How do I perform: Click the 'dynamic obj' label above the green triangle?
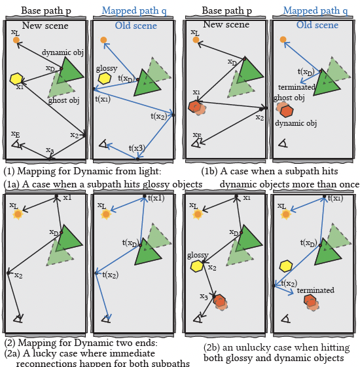pyautogui.click(x=63, y=52)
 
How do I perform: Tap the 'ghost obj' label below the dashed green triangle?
pyautogui.click(x=64, y=100)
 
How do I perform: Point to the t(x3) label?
pyautogui.click(x=137, y=148)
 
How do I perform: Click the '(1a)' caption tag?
pyautogui.click(x=12, y=184)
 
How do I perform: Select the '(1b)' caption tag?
pyautogui.click(x=209, y=171)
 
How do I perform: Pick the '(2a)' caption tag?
pyautogui.click(x=12, y=353)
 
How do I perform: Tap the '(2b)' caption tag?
pyautogui.click(x=212, y=347)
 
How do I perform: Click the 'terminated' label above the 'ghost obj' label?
pyautogui.click(x=297, y=87)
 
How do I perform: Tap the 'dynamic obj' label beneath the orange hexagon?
pyautogui.click(x=296, y=123)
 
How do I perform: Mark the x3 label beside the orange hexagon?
pyautogui.click(x=204, y=296)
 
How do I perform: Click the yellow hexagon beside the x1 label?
pyautogui.click(x=16, y=79)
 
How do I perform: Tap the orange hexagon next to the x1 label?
pyautogui.click(x=195, y=107)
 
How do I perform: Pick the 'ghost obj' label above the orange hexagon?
pyautogui.click(x=289, y=98)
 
